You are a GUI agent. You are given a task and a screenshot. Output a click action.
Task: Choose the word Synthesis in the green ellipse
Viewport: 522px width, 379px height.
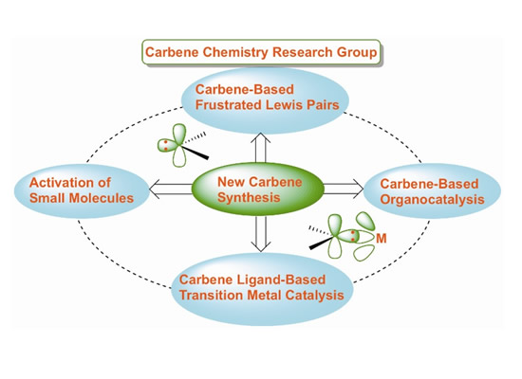[249, 197]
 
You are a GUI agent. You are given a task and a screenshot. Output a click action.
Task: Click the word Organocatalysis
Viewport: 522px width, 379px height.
[432, 200]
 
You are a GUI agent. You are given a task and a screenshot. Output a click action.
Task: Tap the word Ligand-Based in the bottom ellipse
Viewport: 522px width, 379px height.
[281, 280]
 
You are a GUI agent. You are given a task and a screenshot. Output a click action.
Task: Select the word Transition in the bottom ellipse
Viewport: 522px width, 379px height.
[211, 296]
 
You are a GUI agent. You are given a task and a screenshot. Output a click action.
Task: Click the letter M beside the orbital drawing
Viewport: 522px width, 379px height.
[382, 239]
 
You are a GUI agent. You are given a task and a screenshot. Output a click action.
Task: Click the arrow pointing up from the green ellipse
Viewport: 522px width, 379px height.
[261, 148]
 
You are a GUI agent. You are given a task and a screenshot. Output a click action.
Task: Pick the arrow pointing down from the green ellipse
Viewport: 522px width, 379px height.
[261, 233]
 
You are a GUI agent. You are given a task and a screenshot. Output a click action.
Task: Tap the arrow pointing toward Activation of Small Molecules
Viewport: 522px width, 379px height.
[171, 189]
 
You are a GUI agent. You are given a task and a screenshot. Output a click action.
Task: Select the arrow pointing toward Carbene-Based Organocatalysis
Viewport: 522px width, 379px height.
[344, 189]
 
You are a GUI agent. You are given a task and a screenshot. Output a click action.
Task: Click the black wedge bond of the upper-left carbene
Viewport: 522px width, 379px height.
[196, 153]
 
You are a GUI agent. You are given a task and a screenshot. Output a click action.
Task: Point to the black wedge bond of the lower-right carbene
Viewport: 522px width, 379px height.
[321, 243]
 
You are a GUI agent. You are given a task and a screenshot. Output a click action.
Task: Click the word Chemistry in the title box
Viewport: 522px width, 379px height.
[235, 52]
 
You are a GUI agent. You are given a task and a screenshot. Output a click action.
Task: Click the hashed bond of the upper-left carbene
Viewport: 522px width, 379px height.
[194, 138]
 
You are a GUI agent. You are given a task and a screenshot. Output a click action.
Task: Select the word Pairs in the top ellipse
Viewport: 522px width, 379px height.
[326, 105]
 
